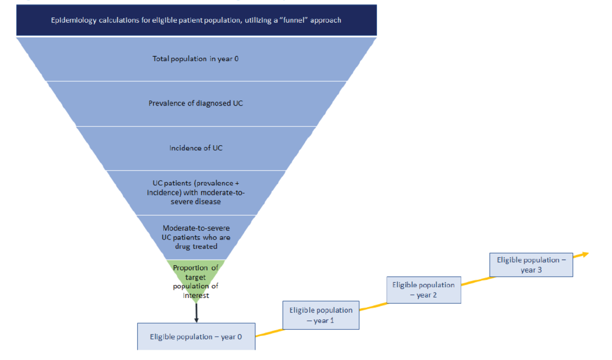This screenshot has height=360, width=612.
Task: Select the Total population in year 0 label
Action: coord(195,59)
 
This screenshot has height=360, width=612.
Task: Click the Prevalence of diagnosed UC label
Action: coord(196,103)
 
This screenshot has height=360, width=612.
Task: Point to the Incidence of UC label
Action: coord(196,148)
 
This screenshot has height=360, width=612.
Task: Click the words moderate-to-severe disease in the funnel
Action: coord(196,197)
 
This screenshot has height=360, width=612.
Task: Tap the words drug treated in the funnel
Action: coord(196,246)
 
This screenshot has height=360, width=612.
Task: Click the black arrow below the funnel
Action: coord(196,314)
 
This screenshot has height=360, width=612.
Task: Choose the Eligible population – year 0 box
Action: coord(196,337)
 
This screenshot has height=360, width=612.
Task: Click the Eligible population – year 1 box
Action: coord(321,315)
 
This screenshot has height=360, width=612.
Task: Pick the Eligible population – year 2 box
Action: coord(424,290)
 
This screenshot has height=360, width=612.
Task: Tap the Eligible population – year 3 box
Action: coord(531,265)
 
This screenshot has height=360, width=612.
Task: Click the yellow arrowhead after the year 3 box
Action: coord(585,254)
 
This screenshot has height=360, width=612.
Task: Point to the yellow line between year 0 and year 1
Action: coord(269,332)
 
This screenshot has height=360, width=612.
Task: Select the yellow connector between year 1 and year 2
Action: coord(373,307)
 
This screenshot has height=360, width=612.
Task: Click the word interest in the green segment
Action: coord(196,296)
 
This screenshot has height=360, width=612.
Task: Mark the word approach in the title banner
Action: coord(326,20)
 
